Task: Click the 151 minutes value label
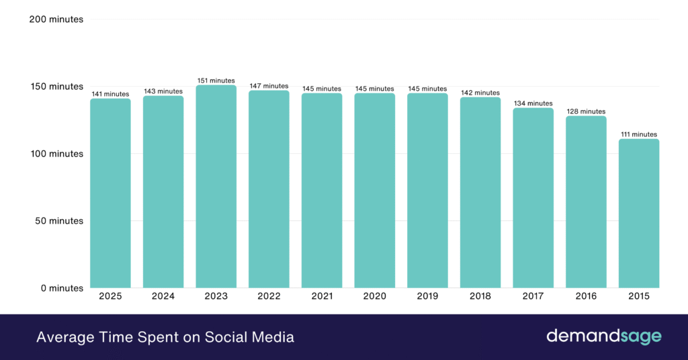tap(216, 81)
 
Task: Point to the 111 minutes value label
tap(639, 134)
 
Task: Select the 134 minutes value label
tap(533, 103)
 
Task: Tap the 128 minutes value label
tap(586, 111)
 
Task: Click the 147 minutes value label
tap(269, 86)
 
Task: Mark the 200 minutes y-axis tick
tap(56, 19)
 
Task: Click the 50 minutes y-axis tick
tap(59, 221)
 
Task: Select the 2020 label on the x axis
tap(375, 296)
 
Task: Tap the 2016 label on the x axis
tap(586, 296)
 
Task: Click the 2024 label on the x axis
tap(163, 296)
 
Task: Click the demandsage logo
tap(603, 336)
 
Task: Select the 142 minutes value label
tap(480, 93)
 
